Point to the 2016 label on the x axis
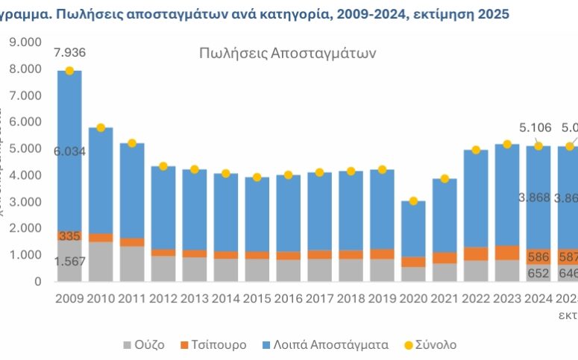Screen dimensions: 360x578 (288, 298)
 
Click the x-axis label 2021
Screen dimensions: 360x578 (445, 298)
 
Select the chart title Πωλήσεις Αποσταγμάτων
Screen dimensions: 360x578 (287, 54)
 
